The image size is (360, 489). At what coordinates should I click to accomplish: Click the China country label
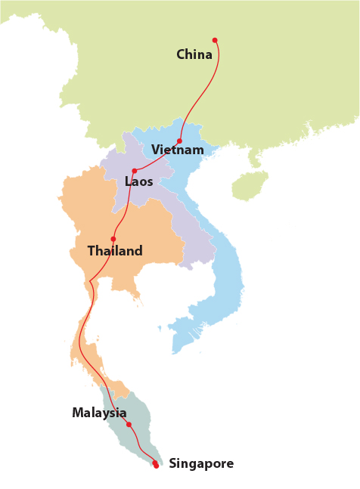(x=194, y=54)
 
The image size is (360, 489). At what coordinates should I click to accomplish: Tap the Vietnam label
(x=178, y=150)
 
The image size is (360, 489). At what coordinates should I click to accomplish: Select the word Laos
(x=139, y=181)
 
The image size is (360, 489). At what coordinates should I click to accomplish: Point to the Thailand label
(x=115, y=251)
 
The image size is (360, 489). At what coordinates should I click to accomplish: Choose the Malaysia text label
(x=99, y=413)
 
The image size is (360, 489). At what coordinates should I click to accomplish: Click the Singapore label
(x=201, y=463)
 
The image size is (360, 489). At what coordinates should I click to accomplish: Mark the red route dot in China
(x=215, y=40)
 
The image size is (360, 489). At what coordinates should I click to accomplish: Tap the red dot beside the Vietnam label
(x=179, y=141)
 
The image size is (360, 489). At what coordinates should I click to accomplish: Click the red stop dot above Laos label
(x=135, y=171)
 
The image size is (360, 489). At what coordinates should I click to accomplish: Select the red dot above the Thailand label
(x=113, y=239)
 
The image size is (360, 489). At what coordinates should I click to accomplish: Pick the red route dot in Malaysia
(x=129, y=424)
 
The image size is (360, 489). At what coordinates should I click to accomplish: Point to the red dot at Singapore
(x=155, y=464)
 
